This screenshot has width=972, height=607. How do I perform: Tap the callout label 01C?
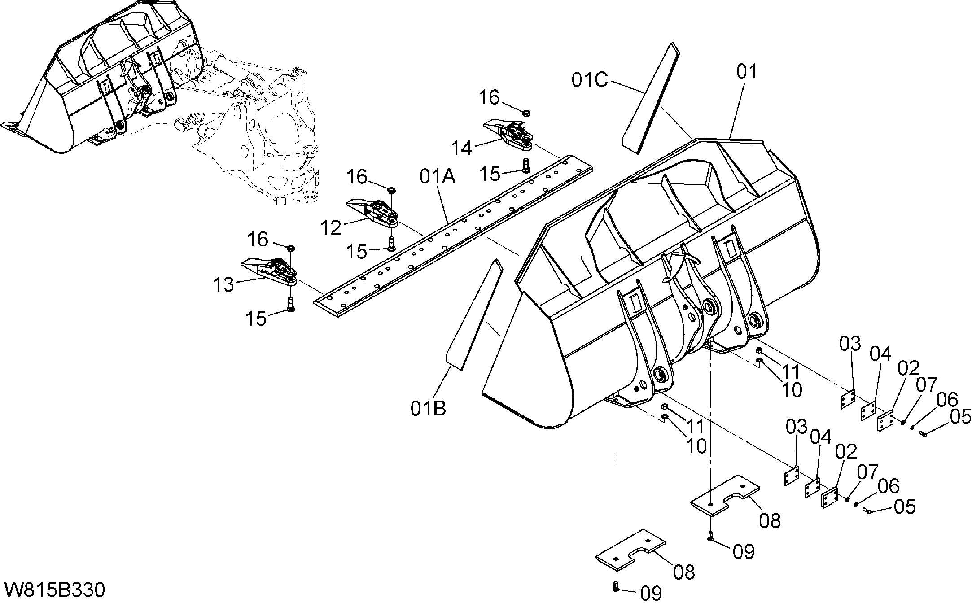tap(590, 80)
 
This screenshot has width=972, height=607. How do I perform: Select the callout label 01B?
tap(428, 408)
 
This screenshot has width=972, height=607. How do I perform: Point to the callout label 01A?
tap(438, 177)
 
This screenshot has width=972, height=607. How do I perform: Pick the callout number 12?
tap(331, 228)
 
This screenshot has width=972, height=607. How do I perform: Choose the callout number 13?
tap(223, 284)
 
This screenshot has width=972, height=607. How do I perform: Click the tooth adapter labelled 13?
tap(269, 271)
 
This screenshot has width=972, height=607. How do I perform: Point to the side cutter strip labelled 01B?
tap(474, 314)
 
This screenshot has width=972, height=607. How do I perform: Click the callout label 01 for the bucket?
tap(746, 72)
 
